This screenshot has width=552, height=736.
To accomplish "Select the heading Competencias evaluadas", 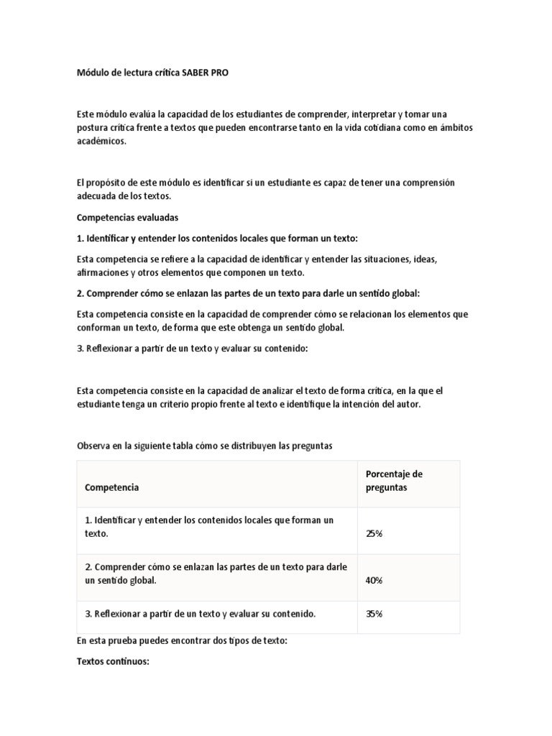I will point(127,216).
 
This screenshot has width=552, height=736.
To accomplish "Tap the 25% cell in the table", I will point(374,534).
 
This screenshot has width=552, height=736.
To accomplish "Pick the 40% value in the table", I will point(374,580).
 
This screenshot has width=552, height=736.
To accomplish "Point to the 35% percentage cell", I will point(374,614).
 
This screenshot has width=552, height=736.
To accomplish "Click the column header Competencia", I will point(112,487).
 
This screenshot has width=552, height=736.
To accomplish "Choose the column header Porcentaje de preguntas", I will point(394,480).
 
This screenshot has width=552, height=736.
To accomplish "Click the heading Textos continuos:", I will point(113,662).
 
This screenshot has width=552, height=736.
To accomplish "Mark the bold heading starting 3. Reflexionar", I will point(192,348).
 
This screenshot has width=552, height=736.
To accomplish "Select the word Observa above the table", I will point(96,446).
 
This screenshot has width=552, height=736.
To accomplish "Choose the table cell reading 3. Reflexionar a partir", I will point(200,614).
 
